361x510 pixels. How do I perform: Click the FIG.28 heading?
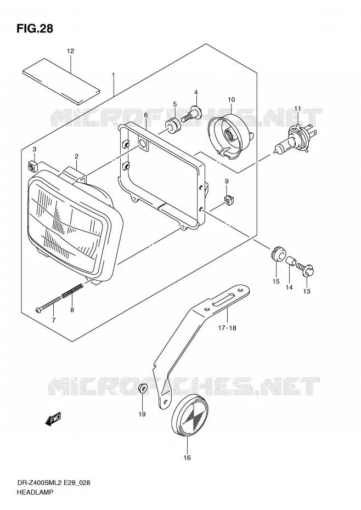click(x=35, y=29)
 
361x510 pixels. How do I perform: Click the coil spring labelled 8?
click(x=72, y=290)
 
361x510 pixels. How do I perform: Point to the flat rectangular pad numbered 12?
click(x=61, y=81)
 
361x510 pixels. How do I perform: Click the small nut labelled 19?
click(x=143, y=388)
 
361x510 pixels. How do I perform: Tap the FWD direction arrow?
click(x=53, y=420)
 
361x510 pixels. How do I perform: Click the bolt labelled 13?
click(x=307, y=270)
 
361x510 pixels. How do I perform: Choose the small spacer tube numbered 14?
click(x=290, y=260)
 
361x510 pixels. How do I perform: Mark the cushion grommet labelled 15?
click(x=278, y=253)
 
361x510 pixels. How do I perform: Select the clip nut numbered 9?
click(x=230, y=201)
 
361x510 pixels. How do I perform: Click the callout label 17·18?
click(x=227, y=328)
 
